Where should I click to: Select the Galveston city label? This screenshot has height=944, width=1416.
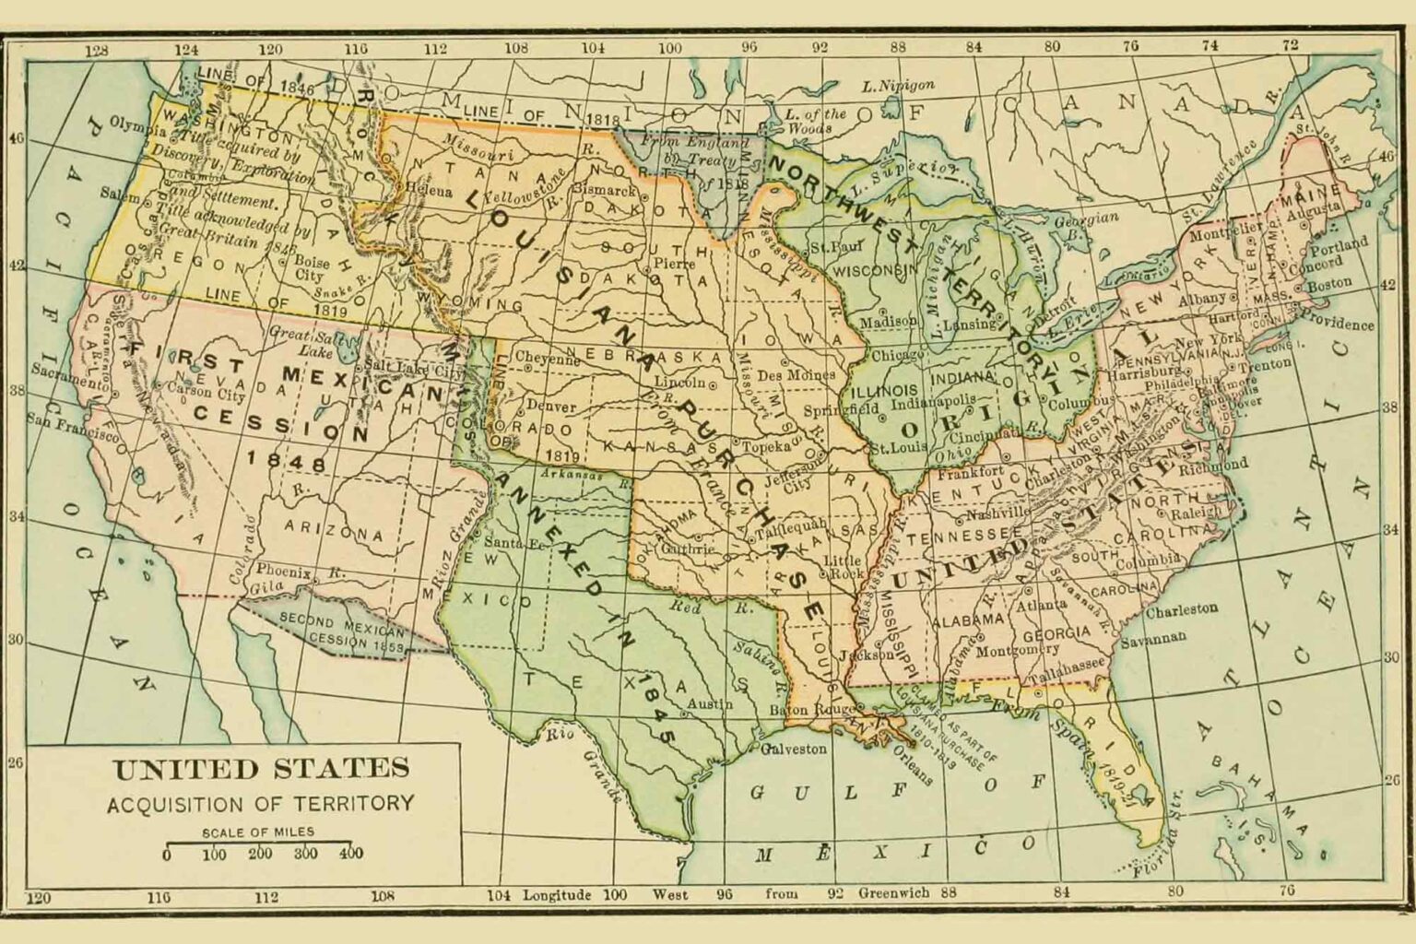794,749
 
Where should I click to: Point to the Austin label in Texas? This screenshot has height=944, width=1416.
710,705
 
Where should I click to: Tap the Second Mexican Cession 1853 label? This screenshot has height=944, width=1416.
341,632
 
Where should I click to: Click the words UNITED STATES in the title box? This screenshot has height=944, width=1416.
261,768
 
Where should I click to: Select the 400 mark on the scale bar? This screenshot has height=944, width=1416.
350,854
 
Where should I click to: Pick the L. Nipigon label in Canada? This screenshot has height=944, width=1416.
898,86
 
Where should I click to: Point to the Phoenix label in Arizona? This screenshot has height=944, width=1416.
284,570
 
